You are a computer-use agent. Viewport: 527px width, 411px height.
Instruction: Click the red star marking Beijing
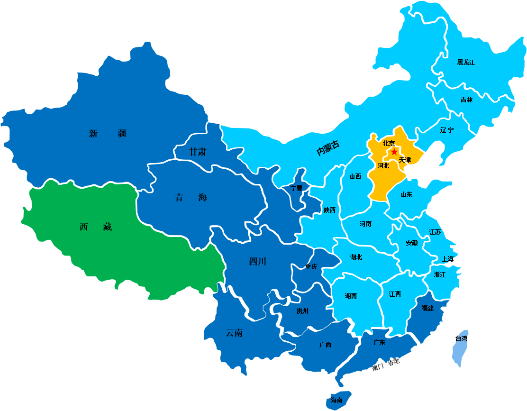pos(394,152)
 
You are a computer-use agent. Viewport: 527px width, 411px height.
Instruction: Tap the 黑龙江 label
pos(466,62)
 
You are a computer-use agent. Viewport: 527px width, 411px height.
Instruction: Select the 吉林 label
pos(466,100)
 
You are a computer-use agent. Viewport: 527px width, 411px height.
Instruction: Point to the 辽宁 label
pos(446,130)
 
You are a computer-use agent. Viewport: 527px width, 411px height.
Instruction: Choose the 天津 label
pos(405,160)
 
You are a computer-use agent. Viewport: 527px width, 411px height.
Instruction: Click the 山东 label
pos(407,194)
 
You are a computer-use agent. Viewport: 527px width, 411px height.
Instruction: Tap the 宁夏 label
pos(296,188)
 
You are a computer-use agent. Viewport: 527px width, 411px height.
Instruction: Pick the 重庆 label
pos(311,266)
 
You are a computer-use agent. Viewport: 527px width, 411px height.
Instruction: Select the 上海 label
pos(447,259)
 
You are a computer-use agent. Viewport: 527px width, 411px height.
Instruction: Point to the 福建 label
pos(427,308)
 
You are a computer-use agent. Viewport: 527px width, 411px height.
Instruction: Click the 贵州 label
pos(302,311)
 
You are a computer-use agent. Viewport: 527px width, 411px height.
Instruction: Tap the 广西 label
pos(325,345)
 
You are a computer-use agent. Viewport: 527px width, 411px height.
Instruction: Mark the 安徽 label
pos(412,243)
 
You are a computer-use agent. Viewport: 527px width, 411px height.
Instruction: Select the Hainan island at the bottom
pos(338,400)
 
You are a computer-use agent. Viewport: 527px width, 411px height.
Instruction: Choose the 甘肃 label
pos(198,152)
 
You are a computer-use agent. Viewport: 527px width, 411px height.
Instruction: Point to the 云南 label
pos(234,333)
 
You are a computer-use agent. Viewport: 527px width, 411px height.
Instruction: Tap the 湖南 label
pos(351,296)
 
